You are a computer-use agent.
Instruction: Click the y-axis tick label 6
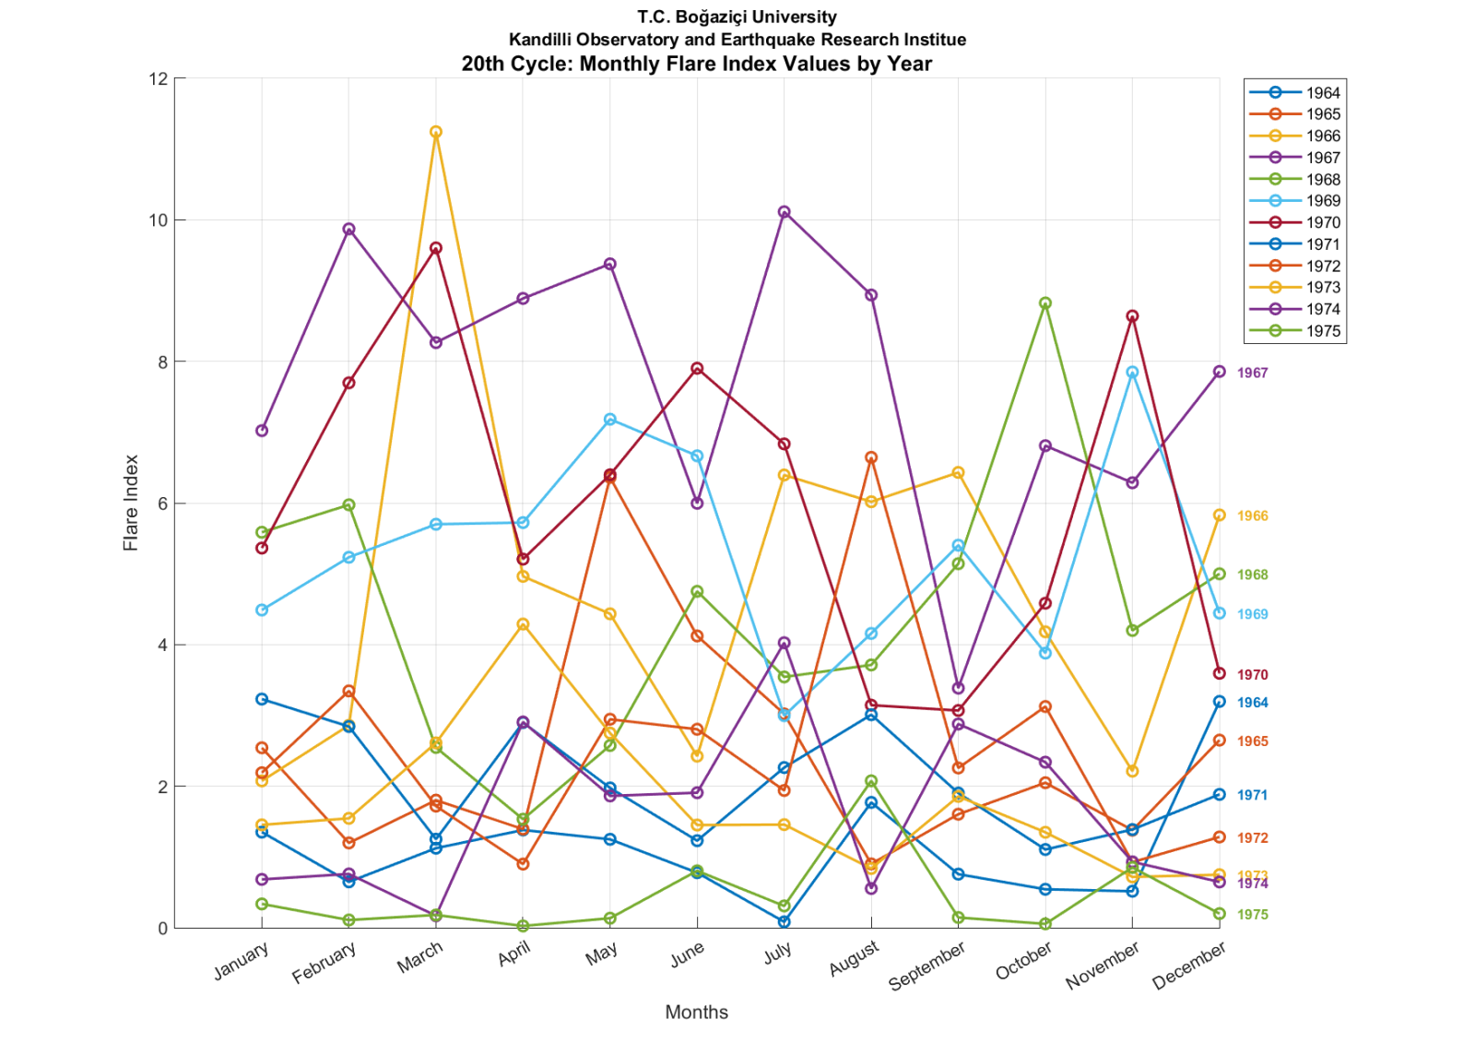162,504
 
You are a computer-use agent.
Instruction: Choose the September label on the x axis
926,966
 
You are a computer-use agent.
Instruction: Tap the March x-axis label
420,956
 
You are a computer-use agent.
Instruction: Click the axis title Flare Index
131,503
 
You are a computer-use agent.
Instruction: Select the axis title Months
697,1012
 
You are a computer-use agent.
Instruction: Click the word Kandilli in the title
540,40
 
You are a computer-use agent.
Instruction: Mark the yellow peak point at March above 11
436,132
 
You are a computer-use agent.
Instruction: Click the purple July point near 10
785,212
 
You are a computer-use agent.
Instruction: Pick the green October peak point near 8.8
1045,303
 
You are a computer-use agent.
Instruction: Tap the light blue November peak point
1132,373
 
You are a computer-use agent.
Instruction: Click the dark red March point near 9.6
436,248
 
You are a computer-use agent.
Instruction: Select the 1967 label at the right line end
1253,373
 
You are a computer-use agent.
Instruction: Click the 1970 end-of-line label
1253,675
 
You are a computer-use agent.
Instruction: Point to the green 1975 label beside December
1253,915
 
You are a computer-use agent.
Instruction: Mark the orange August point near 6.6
871,457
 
